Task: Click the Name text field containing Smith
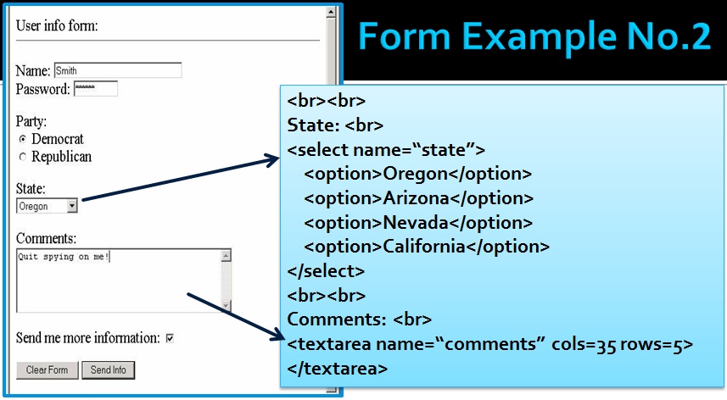pyautogui.click(x=117, y=71)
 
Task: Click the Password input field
pyautogui.click(x=95, y=89)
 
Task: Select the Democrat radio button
pyautogui.click(x=23, y=139)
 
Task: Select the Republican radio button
pyautogui.click(x=23, y=157)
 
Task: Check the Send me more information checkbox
pyautogui.click(x=170, y=338)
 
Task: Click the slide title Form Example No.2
pyautogui.click(x=534, y=38)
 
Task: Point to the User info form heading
pyautogui.click(x=57, y=25)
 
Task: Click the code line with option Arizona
pyautogui.click(x=418, y=198)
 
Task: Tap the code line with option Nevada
pyautogui.click(x=417, y=223)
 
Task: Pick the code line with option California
pyautogui.click(x=427, y=247)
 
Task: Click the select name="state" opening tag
pyautogui.click(x=386, y=150)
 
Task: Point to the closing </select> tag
pyautogui.click(x=326, y=271)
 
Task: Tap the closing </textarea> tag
pyautogui.click(x=338, y=369)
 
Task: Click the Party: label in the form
pyautogui.click(x=31, y=121)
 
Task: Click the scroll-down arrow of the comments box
pyautogui.click(x=226, y=305)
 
